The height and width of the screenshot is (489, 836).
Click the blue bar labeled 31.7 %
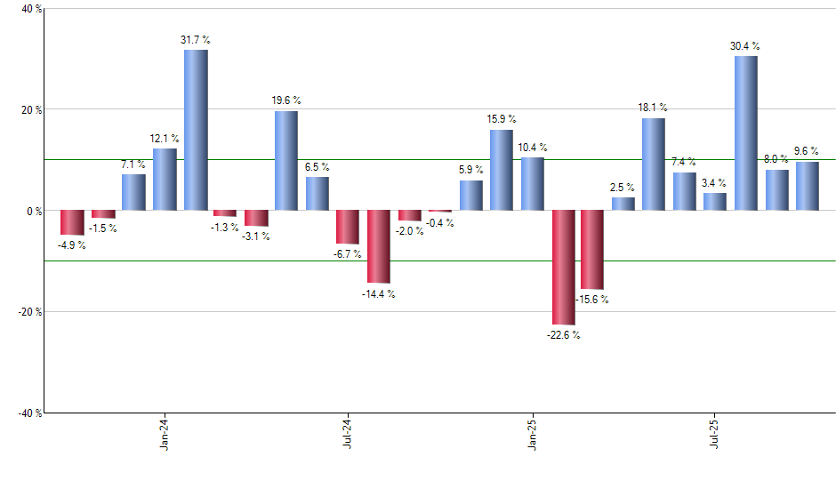pos(196,130)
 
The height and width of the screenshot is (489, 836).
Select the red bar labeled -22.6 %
pos(563,268)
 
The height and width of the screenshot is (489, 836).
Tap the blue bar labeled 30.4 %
pos(745,133)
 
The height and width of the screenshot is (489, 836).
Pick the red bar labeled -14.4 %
pos(379,246)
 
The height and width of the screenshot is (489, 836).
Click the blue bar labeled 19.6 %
pos(286,161)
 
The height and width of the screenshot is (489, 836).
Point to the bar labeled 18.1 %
pos(654,164)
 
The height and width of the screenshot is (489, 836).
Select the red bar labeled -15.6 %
pos(592,250)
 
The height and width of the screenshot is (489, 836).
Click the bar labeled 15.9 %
pos(501,170)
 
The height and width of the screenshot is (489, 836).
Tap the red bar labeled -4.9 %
pos(72,222)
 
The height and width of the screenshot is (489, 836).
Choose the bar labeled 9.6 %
pos(808,186)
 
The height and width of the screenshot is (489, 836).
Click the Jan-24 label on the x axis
pos(165,434)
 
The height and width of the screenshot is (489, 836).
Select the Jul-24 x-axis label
pos(349,434)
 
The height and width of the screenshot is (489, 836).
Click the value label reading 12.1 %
pos(165,139)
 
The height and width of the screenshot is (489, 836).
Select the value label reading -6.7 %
pos(348,253)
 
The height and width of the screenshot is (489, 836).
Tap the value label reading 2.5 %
pos(623,188)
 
